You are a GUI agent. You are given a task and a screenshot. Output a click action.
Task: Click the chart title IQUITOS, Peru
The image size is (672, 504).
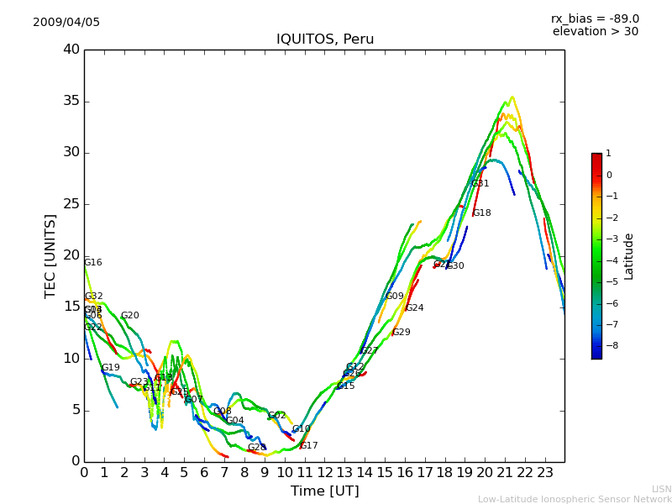point(325,39)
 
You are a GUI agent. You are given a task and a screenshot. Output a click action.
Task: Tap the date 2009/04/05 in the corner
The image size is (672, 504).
point(66,23)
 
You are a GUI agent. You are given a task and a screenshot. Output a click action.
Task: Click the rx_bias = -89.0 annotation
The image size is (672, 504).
point(595,18)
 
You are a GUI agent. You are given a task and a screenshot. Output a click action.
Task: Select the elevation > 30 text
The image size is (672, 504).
point(595,32)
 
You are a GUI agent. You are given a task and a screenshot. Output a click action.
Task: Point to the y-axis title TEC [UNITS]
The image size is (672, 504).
point(51,255)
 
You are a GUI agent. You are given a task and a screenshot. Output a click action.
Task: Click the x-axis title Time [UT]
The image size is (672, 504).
point(325,491)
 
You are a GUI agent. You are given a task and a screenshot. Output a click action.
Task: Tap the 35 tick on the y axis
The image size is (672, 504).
point(71,102)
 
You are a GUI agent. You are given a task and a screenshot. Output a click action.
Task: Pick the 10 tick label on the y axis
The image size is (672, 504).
point(71,359)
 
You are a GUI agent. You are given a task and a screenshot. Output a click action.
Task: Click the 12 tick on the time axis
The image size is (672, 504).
point(324,473)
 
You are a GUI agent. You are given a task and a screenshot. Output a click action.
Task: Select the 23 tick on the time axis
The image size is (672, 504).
point(544,473)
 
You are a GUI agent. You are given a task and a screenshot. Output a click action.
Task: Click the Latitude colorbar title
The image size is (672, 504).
point(629,256)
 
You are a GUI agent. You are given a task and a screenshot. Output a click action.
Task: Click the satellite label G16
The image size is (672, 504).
point(93,263)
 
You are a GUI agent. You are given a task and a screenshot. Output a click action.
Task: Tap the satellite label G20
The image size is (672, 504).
point(130,316)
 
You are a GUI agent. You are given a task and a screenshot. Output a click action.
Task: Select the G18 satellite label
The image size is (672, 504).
point(482,213)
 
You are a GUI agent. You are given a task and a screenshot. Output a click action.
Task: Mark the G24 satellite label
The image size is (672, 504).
point(415,308)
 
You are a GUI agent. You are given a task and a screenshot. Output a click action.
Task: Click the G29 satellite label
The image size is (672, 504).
point(402,333)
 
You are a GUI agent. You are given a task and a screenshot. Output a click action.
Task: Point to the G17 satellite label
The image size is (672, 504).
point(309,446)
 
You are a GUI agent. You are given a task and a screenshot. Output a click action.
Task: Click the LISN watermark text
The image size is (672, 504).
point(662,489)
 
